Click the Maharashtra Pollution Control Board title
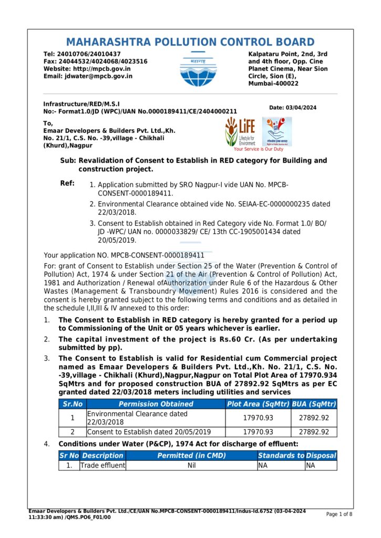tap(190, 43)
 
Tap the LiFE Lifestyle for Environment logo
tap(240, 131)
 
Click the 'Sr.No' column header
tap(73, 404)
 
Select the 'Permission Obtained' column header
tap(156, 404)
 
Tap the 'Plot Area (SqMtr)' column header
tap(258, 404)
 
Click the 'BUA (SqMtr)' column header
tap(314, 404)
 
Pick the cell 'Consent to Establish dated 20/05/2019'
tap(149, 432)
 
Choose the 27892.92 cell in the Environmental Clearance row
tap(314, 418)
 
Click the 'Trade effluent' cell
tap(102, 465)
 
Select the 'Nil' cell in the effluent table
tap(191, 465)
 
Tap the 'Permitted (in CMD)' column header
tap(191, 456)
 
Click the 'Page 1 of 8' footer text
tap(339, 514)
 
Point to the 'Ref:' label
tap(67, 184)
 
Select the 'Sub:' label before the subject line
tap(68, 160)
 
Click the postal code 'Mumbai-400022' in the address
tap(273, 84)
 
